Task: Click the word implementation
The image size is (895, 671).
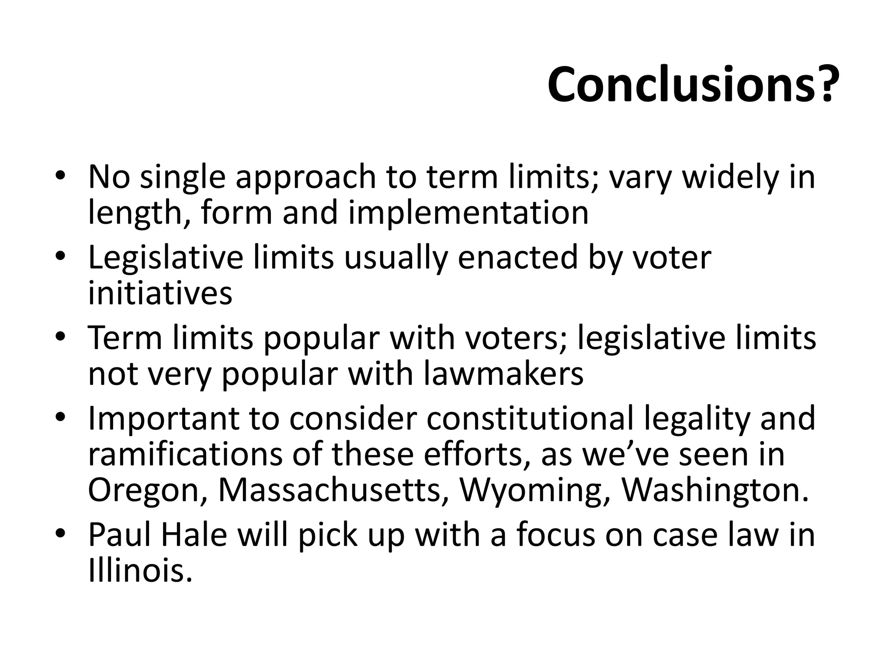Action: (468, 213)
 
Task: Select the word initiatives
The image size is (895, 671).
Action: (160, 293)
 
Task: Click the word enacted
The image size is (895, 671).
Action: (517, 258)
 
